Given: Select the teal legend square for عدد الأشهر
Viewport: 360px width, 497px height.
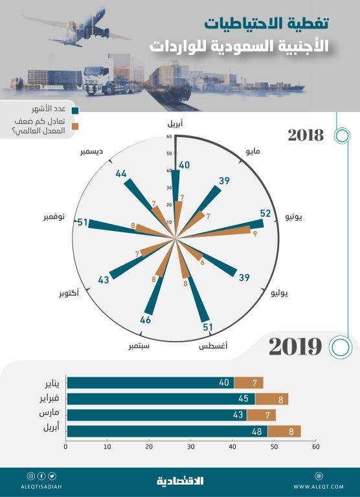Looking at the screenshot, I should point(76,110).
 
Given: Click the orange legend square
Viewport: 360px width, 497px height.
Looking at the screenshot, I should point(76,126).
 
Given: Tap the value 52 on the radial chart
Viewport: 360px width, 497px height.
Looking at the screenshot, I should point(265,214).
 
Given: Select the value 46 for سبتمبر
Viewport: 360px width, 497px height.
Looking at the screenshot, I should point(146,320).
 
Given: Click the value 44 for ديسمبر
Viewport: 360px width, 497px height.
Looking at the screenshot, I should point(121,174).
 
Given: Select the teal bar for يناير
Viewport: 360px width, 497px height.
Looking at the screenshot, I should point(150,382).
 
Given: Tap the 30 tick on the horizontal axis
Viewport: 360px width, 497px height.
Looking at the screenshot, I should point(191,447).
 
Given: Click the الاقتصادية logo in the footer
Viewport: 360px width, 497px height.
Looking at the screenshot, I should point(180,481).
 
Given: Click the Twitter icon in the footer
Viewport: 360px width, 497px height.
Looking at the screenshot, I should point(52,476).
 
